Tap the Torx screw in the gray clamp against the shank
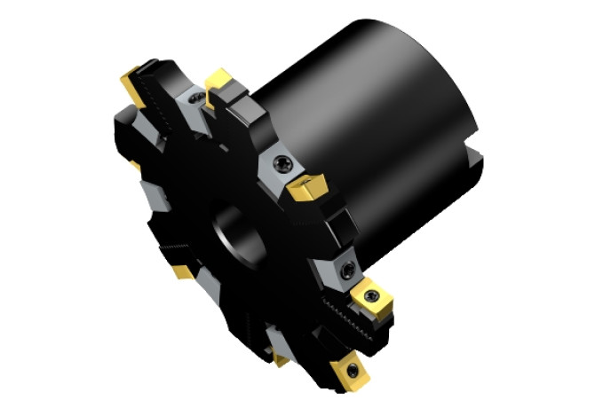pyautogui.click(x=282, y=162)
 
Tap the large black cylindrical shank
pyautogui.click(x=373, y=115)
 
